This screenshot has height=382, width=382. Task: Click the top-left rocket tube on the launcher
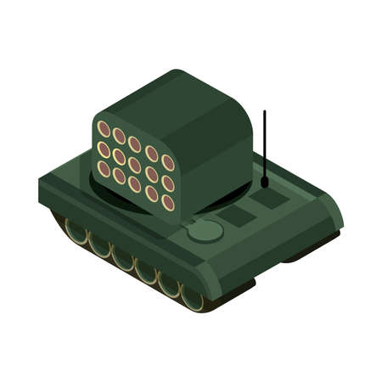click(104, 129)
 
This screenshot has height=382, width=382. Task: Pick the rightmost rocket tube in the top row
click(167, 162)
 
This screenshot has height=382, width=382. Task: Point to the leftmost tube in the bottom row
click(104, 168)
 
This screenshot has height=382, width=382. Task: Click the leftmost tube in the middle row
click(104, 149)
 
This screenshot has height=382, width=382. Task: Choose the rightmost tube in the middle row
click(167, 183)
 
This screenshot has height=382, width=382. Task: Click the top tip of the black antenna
click(264, 112)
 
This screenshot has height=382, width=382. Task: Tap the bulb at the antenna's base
click(265, 181)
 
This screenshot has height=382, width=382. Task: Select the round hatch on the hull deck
click(204, 230)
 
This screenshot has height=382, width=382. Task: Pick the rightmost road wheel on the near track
click(192, 298)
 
